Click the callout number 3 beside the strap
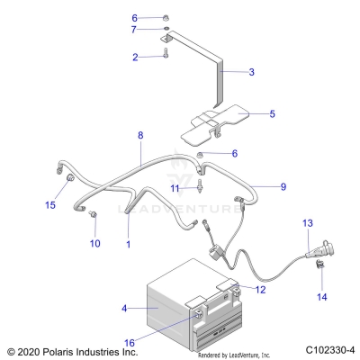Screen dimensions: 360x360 click(251, 71)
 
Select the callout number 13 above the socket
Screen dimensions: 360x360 click(308, 221)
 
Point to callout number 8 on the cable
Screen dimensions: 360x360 click(140, 134)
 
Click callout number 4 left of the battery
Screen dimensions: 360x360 click(123, 309)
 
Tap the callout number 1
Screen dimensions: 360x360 click(129, 244)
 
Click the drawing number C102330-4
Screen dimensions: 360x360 click(329, 350)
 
